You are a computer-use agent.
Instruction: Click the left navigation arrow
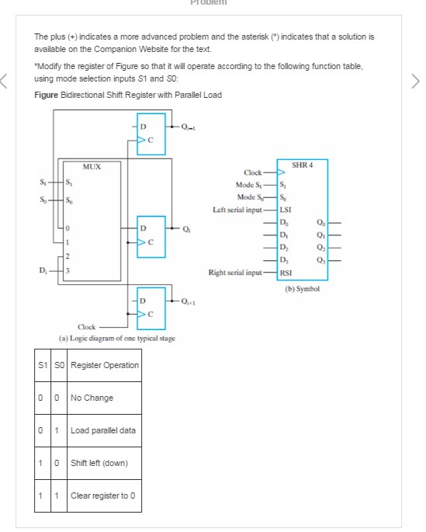pos(7,80)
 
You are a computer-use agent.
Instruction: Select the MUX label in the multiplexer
pos(92,166)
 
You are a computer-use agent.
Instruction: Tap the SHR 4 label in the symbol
pos(302,165)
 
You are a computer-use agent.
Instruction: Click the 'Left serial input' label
pos(244,210)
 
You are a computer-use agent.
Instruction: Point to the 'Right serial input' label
pos(242,273)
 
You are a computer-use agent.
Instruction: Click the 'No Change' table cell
pos(92,398)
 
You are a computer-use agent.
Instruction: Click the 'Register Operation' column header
pos(104,365)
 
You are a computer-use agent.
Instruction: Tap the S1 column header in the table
pos(43,365)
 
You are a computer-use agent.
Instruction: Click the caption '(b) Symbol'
pos(302,289)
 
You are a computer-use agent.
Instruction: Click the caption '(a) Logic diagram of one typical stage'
pos(116,339)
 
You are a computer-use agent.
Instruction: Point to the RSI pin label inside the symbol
pos(286,273)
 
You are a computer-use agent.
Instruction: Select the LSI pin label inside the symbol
pos(286,210)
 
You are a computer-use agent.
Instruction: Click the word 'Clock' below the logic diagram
pos(88,327)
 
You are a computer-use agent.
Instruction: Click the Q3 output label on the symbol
pos(321,259)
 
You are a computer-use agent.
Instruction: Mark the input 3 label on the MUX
pos(68,269)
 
